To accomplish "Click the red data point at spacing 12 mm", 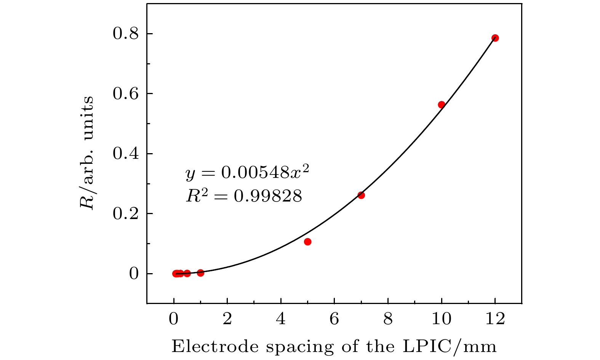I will [x=495, y=38].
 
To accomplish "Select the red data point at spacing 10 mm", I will [x=442, y=105].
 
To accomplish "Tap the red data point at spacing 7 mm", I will [x=361, y=195].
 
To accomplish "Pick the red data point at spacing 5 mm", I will [x=308, y=242].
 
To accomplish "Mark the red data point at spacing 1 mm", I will [x=201, y=273].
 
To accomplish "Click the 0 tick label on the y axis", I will [x=133, y=274].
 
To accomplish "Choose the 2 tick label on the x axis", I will [x=227, y=319].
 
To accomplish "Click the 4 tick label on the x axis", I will [x=281, y=319].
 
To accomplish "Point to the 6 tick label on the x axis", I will [x=334, y=319].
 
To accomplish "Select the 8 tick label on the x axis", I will [x=388, y=319].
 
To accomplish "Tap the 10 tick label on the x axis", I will [x=442, y=319].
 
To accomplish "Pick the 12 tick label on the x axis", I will [x=495, y=319].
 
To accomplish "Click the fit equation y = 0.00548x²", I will [x=246, y=174].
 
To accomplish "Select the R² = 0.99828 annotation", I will [x=244, y=196].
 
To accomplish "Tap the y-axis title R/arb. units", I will [x=87, y=152].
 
